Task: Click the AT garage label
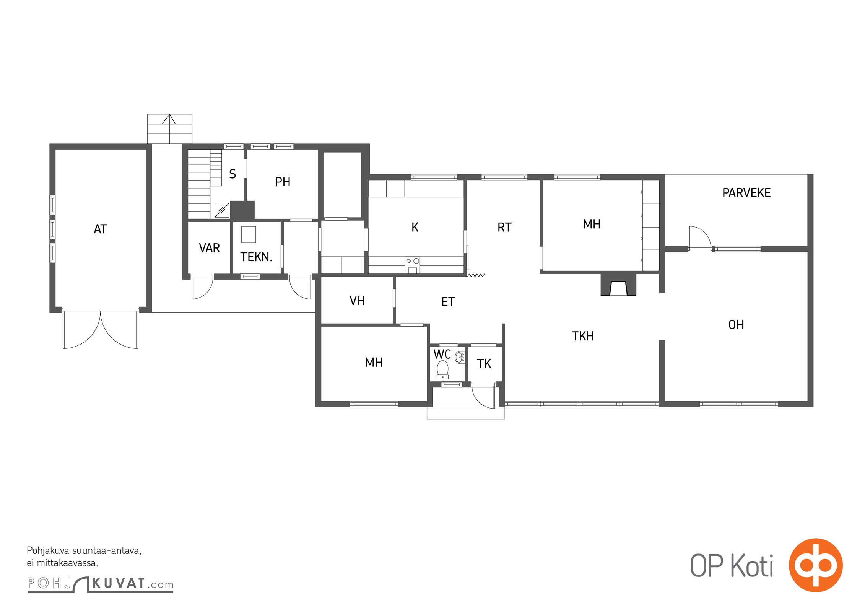[100, 229]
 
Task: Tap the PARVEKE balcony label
[746, 193]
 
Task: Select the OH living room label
[736, 325]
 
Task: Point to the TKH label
[583, 336]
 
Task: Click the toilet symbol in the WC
[442, 369]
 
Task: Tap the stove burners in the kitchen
[413, 261]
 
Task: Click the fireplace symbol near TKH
[618, 285]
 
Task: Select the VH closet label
[357, 301]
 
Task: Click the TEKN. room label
[256, 257]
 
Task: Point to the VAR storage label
[209, 248]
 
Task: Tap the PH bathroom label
[283, 182]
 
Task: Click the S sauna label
[233, 174]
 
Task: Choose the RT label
[504, 228]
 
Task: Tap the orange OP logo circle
[816, 565]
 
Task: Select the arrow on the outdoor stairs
[169, 129]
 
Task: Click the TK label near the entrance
[484, 363]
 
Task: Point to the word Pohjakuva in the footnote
[48, 551]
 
